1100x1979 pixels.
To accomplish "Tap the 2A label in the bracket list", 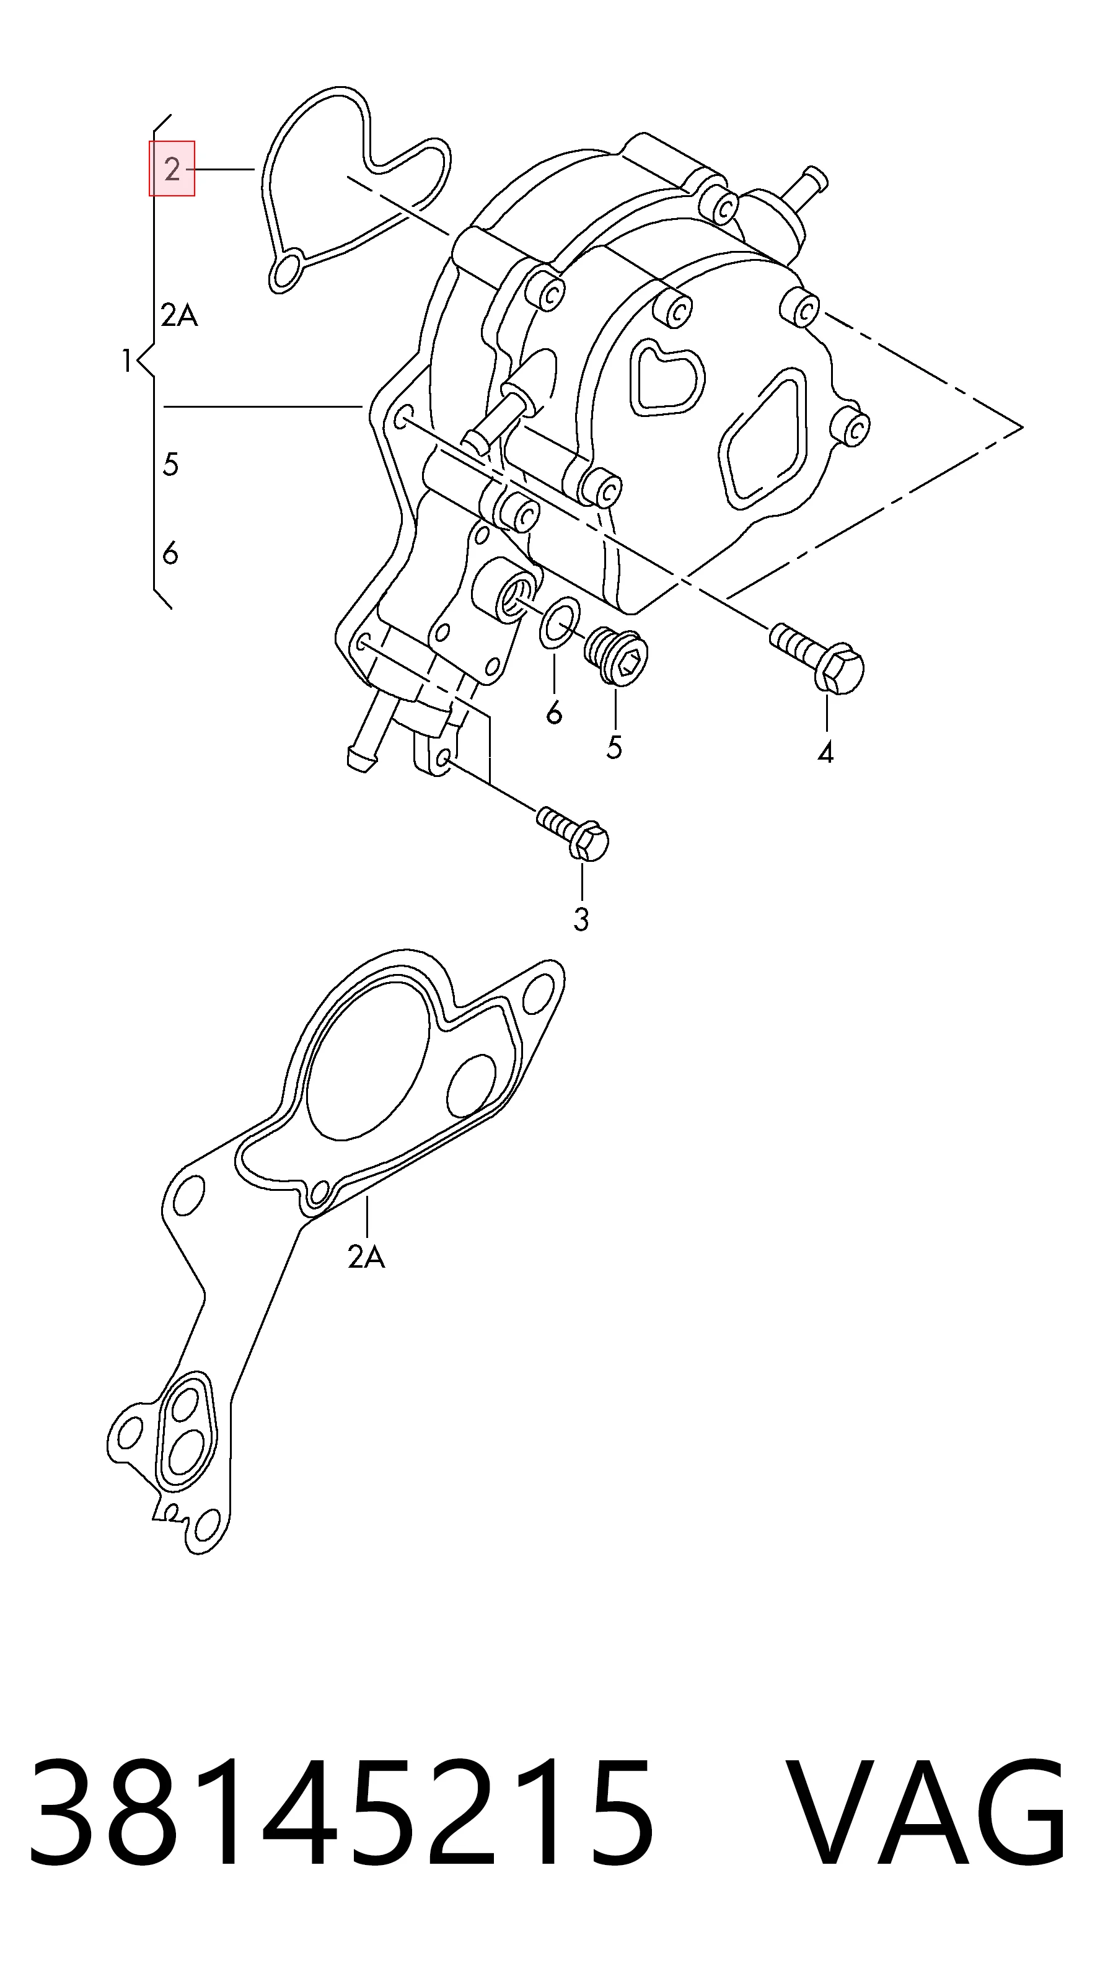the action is [180, 315].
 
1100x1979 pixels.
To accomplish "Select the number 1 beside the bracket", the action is [128, 361].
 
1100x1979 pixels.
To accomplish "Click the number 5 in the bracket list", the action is [170, 464].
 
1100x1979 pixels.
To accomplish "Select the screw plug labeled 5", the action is [617, 654].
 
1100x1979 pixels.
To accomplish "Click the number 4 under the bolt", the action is [825, 753].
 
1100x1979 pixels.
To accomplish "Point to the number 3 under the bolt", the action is [581, 919].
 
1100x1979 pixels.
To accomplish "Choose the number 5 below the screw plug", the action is [614, 747].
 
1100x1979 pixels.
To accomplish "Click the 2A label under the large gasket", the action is [366, 1257].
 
